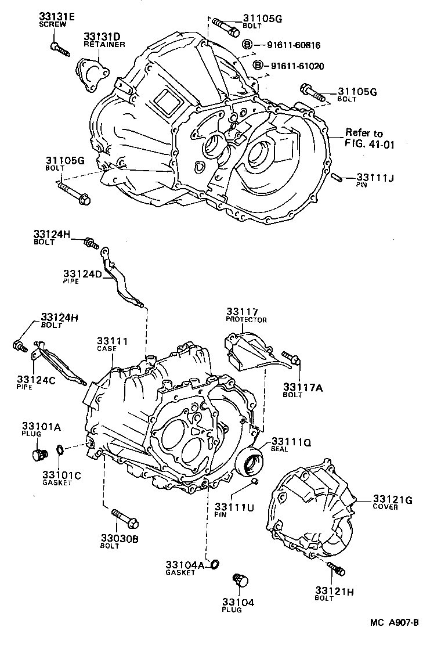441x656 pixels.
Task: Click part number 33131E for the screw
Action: [57, 17]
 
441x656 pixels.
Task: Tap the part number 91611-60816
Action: [294, 45]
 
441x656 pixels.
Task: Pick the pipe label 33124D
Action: [83, 273]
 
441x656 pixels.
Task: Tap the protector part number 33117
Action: [242, 312]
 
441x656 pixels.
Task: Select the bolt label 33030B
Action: [119, 538]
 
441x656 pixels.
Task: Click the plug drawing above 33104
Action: [239, 580]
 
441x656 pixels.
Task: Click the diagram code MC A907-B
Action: [395, 623]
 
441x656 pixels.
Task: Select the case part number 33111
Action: [112, 341]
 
